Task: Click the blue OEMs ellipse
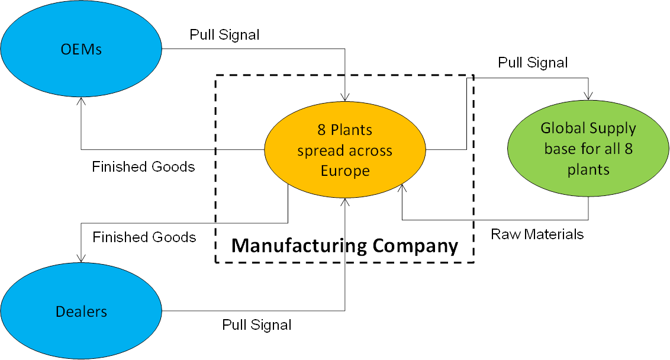click(x=81, y=49)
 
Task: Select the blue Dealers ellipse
click(x=81, y=311)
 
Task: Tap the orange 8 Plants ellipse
click(x=344, y=149)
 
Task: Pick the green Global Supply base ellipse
click(x=588, y=149)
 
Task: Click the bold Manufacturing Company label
click(x=344, y=245)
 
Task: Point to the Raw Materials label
click(x=537, y=234)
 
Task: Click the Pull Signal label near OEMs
click(x=224, y=35)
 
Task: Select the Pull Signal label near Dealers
click(x=256, y=324)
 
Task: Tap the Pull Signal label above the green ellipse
click(x=533, y=63)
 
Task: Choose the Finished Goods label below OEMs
click(x=143, y=167)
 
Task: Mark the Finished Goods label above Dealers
click(x=144, y=237)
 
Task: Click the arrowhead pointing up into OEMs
click(x=81, y=102)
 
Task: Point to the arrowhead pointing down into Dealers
click(x=81, y=258)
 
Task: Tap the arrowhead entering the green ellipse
click(x=588, y=96)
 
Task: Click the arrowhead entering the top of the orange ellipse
click(x=344, y=97)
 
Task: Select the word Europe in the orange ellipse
click(x=344, y=171)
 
